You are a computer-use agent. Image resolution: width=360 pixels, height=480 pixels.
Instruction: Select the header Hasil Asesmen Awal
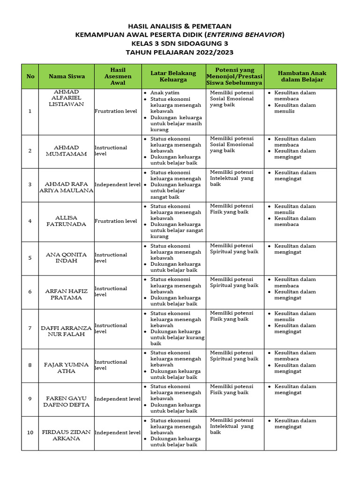click(x=118, y=76)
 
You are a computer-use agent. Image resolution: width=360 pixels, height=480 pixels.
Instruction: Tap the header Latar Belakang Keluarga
click(x=173, y=76)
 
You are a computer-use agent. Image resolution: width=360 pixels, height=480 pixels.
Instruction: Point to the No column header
click(x=30, y=76)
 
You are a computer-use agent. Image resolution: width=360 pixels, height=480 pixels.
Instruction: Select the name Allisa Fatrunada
click(x=66, y=221)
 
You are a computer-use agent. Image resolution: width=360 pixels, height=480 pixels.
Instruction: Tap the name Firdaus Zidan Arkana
click(x=66, y=435)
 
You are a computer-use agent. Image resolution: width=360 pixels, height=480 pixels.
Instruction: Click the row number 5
click(x=30, y=258)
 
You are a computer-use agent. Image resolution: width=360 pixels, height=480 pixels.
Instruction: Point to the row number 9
click(x=30, y=399)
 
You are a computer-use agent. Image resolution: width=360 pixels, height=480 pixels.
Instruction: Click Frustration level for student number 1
click(x=116, y=112)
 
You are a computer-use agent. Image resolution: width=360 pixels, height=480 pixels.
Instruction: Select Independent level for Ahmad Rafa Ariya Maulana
click(x=118, y=185)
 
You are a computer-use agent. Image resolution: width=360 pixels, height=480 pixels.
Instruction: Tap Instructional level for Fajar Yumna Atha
click(x=111, y=365)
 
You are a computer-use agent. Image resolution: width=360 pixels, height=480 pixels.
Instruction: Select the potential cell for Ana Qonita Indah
click(x=234, y=249)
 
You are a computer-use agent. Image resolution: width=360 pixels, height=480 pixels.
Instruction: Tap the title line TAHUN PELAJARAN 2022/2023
click(x=180, y=52)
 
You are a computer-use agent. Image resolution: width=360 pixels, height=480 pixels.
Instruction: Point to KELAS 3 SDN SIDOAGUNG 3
click(x=180, y=44)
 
